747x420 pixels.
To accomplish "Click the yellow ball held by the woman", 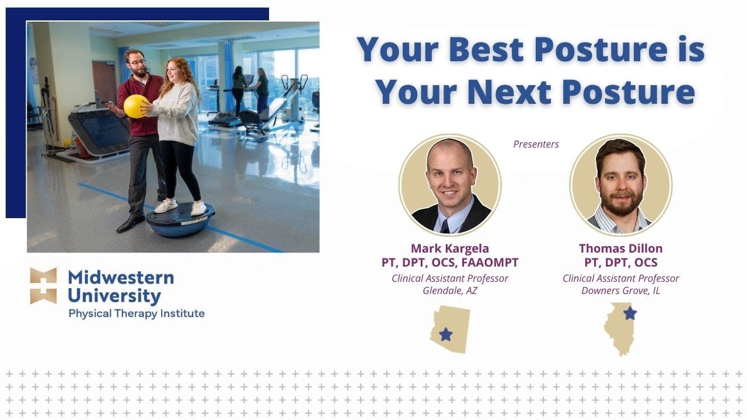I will click(x=135, y=106).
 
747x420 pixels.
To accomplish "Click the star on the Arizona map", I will click(x=446, y=334).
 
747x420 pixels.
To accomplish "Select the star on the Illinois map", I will click(x=630, y=313).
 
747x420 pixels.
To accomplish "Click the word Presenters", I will click(x=536, y=144).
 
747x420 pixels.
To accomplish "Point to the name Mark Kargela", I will click(x=450, y=249).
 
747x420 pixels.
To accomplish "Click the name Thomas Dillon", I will click(x=620, y=249).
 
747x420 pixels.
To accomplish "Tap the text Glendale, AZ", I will click(x=450, y=290).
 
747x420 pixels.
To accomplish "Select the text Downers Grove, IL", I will click(x=620, y=290).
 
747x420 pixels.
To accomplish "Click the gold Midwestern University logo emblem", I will click(x=43, y=286).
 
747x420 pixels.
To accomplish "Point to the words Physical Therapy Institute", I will click(x=137, y=313).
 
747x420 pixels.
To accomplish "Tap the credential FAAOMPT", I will click(x=490, y=262).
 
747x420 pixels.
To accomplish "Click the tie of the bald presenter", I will click(x=445, y=226).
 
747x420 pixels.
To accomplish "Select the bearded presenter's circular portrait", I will click(x=620, y=184).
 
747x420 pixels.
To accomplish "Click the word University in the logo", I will click(x=114, y=296).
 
